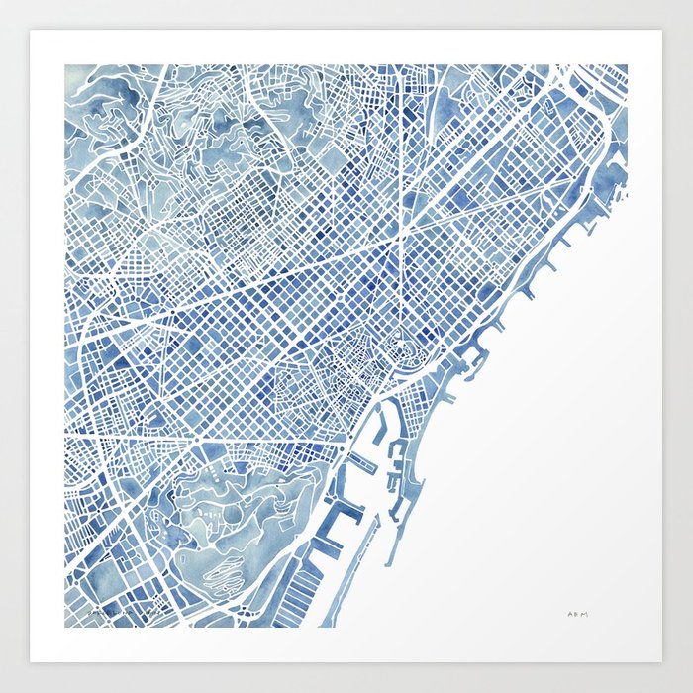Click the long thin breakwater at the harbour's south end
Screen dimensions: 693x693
click(x=361, y=554)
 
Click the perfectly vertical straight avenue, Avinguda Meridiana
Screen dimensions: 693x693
click(x=402, y=148)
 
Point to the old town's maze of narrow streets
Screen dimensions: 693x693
click(x=346, y=366)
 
